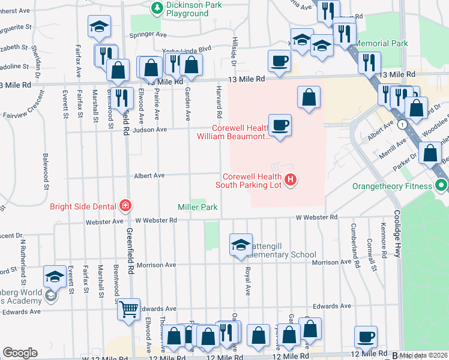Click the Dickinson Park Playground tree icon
pos(157,8)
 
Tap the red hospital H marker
pos(291,179)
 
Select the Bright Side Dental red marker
pos(125,206)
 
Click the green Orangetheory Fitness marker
pos(442,185)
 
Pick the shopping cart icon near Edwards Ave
pos(128,309)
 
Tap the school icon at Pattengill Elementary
pos(240,244)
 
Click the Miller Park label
pos(197,207)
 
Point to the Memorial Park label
pos(381,44)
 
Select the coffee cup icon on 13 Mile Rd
pos(280,61)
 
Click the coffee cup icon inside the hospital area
pos(280,125)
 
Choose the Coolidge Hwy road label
pos(397,234)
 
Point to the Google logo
pos(20,353)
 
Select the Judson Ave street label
pos(153,130)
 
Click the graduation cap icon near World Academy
pos(55,277)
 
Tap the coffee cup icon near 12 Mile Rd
pos(366,337)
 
